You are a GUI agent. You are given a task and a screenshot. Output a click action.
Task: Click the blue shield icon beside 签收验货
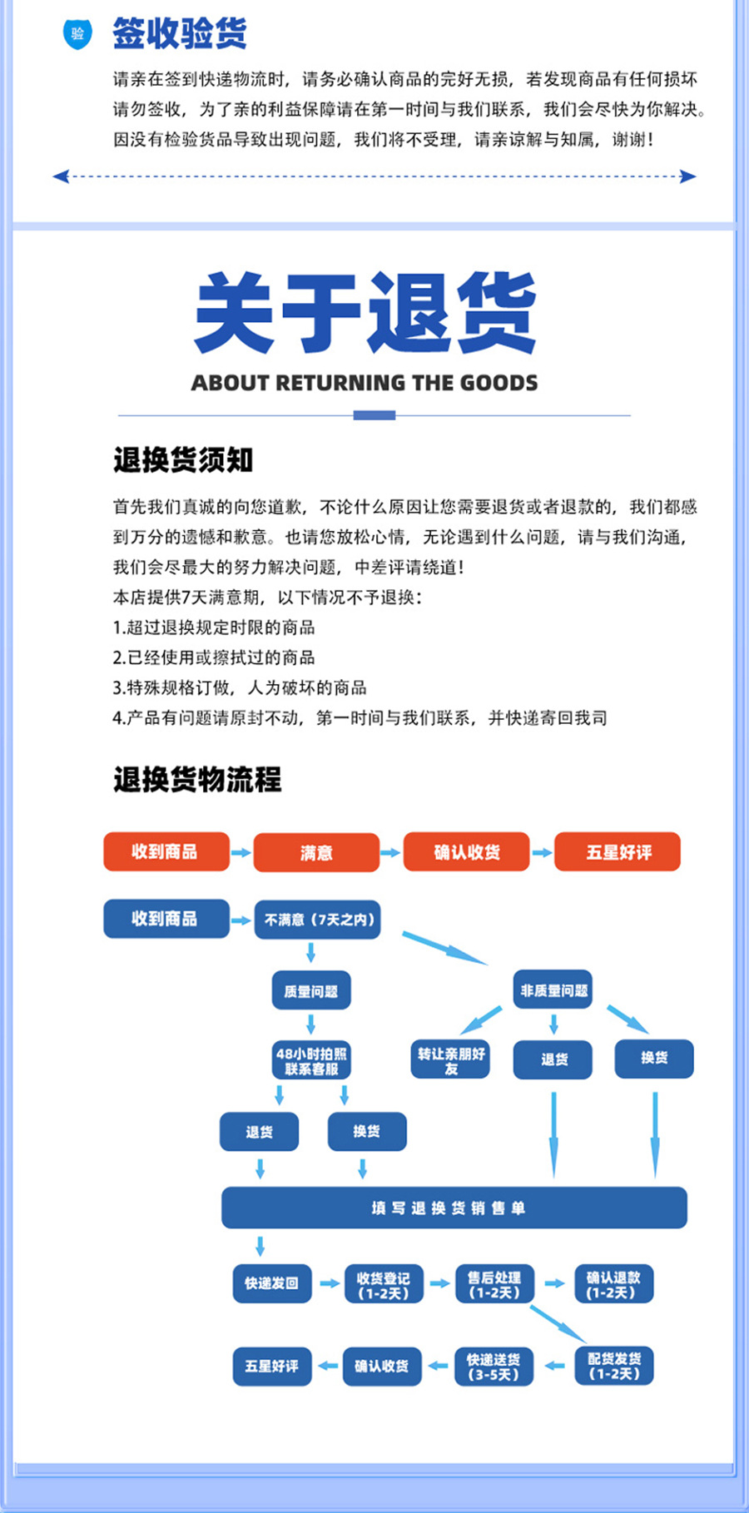(77, 34)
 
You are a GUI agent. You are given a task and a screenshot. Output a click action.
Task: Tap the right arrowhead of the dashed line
(688, 176)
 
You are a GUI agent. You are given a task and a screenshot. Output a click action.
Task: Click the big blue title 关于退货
(365, 313)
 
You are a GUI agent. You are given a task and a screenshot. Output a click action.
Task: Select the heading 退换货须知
(183, 460)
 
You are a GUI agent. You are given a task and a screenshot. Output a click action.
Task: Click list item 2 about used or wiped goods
(214, 657)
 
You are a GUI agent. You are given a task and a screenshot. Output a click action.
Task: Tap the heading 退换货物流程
(197, 780)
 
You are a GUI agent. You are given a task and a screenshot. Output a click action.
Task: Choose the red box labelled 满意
(316, 852)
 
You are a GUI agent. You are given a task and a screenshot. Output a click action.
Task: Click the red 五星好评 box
(618, 852)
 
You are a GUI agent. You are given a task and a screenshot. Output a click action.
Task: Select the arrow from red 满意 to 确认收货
(390, 852)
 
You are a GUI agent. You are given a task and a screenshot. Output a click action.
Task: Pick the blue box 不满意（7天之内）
(317, 920)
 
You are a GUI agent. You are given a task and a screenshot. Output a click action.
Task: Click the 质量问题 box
(311, 991)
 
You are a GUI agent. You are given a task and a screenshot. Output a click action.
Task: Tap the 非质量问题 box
(553, 990)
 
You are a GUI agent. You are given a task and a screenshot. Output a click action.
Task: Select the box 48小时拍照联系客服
(311, 1061)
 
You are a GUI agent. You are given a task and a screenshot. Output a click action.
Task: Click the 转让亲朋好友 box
(450, 1060)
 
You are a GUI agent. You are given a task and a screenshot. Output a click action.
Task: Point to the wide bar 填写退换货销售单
(454, 1208)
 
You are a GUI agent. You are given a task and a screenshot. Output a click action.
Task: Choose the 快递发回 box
(271, 1283)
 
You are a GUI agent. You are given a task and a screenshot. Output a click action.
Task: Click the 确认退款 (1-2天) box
(613, 1284)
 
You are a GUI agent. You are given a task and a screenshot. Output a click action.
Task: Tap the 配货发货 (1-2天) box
(614, 1366)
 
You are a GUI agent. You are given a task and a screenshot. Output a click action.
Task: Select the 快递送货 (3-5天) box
(494, 1367)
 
